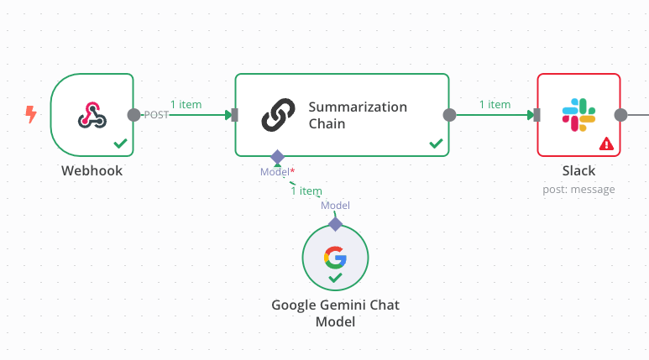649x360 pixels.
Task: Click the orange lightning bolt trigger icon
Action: [x=31, y=114]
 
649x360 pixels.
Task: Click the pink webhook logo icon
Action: [x=92, y=115]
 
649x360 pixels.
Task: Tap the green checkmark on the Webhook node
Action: [x=121, y=144]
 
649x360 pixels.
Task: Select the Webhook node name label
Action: [x=92, y=170]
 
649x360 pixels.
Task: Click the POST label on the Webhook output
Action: [x=156, y=115]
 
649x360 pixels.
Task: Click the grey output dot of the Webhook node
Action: [x=133, y=115]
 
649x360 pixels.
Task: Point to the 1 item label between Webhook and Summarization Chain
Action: [x=186, y=105]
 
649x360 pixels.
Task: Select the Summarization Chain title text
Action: [x=358, y=115]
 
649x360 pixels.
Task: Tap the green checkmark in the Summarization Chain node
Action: [x=436, y=144]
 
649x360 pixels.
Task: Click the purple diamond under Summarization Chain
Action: [x=276, y=157]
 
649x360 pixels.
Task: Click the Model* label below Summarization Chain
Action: [x=276, y=172]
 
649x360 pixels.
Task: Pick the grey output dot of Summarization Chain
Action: [x=449, y=115]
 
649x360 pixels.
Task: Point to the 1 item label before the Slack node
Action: [x=495, y=105]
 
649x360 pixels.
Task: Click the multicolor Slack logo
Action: [x=578, y=114]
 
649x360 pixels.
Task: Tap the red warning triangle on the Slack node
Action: [x=606, y=144]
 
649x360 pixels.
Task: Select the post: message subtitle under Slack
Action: [x=578, y=190]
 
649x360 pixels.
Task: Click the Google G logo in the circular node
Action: [x=335, y=256]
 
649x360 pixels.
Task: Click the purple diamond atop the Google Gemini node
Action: [x=335, y=224]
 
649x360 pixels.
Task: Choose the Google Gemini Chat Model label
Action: [x=335, y=313]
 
